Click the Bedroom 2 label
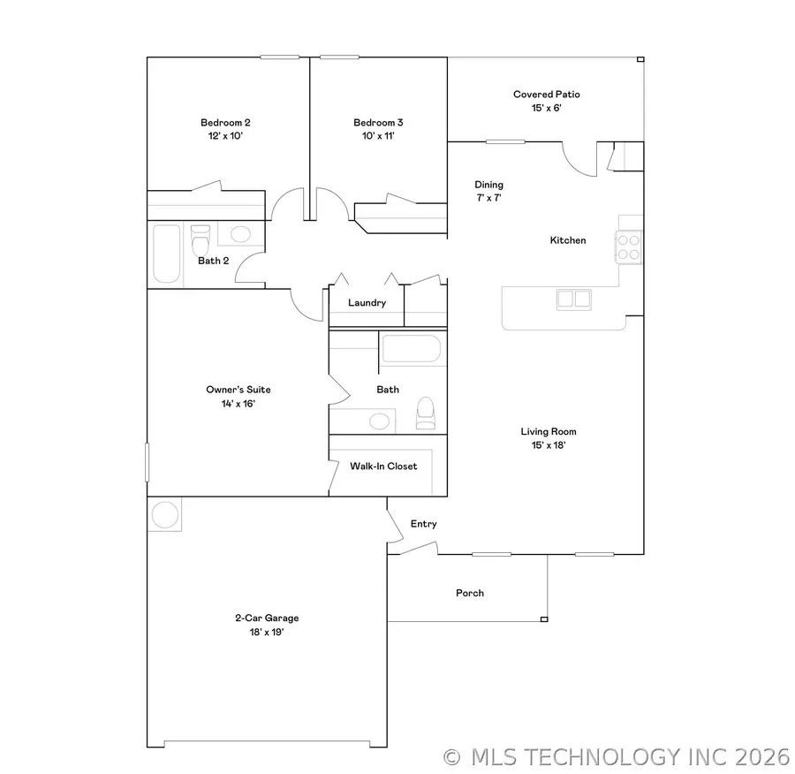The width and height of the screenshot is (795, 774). (219, 123)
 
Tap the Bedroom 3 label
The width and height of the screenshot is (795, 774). (378, 123)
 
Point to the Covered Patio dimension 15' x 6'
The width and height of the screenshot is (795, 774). (547, 108)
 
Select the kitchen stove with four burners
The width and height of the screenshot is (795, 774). (628, 247)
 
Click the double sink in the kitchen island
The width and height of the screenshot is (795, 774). (572, 299)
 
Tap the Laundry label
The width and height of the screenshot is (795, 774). (367, 303)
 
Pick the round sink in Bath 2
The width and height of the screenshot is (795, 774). (240, 235)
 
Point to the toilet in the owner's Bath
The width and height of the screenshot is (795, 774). (426, 412)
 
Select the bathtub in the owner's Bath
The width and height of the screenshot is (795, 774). (410, 349)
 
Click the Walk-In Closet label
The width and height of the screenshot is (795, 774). (383, 466)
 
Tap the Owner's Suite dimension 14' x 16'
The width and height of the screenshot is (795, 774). (238, 403)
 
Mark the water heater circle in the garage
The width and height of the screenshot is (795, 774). (165, 514)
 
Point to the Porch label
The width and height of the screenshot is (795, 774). (470, 593)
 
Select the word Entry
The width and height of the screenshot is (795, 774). (424, 524)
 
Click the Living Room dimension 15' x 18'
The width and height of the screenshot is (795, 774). (549, 445)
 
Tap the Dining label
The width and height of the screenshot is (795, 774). (488, 185)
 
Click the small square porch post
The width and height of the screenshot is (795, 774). (544, 618)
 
